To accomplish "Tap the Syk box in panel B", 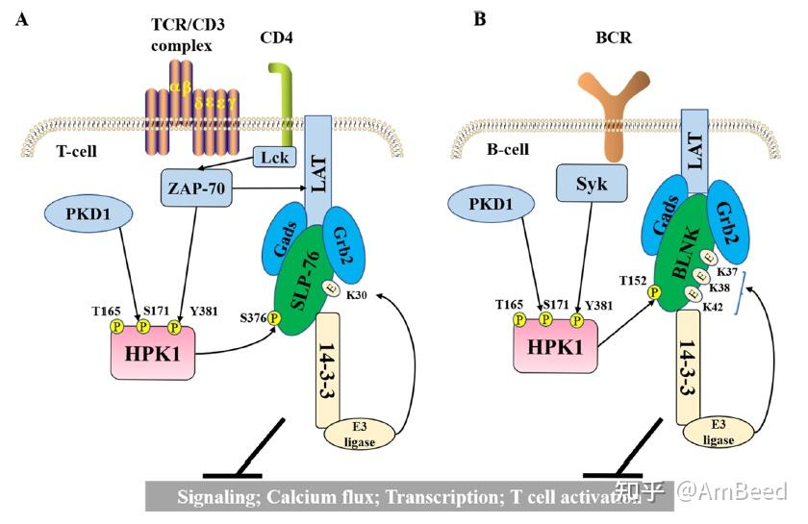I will pyautogui.click(x=591, y=184).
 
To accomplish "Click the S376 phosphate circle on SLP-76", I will pyautogui.click(x=274, y=318).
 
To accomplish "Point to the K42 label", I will pyautogui.click(x=714, y=306).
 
